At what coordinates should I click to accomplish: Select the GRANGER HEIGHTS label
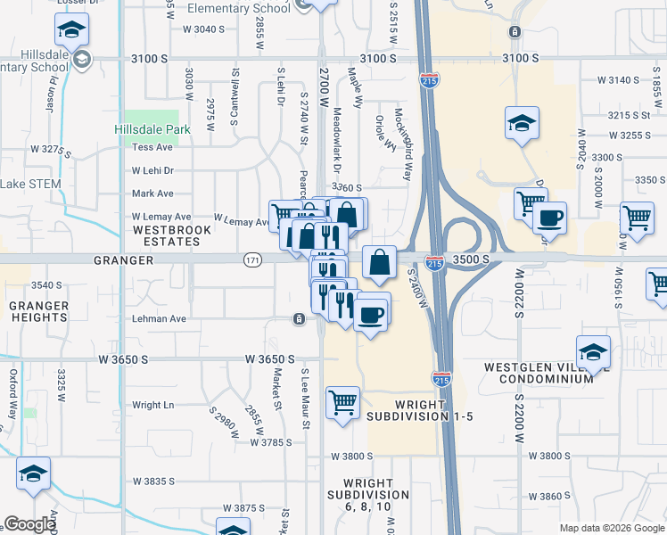click(39, 311)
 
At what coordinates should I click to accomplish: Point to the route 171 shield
click(251, 259)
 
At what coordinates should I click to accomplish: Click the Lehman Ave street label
click(161, 318)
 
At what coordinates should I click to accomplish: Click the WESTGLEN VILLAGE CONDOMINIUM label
click(539, 373)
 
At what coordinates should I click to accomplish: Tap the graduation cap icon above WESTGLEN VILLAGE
click(594, 351)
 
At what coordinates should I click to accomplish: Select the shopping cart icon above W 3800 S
click(343, 403)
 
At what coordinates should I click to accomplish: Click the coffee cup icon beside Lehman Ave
click(372, 313)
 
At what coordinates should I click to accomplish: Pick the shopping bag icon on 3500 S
click(380, 262)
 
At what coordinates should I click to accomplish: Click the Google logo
click(29, 524)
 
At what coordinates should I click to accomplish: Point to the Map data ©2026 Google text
click(612, 527)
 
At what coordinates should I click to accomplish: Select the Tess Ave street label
click(152, 147)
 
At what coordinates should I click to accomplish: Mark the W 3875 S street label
click(243, 508)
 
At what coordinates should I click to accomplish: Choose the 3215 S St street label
click(629, 115)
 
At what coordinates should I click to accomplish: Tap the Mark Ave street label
click(152, 193)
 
